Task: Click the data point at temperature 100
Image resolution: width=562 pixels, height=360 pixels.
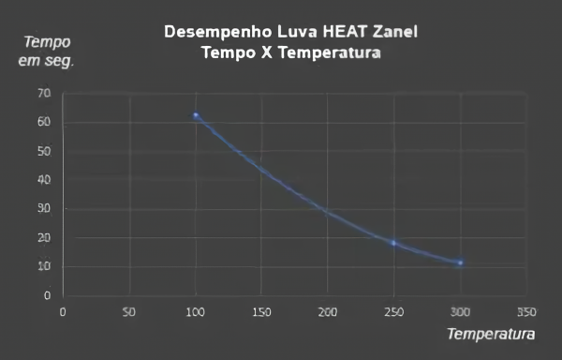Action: point(196,115)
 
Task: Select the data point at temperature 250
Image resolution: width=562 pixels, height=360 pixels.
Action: point(393,243)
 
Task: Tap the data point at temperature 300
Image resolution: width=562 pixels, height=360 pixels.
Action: point(460,262)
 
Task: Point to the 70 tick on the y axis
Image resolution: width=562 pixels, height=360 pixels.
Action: point(44,94)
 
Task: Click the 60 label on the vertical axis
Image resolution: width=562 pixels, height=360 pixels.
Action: point(44,123)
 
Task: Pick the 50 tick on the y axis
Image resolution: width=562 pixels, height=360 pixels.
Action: point(44,151)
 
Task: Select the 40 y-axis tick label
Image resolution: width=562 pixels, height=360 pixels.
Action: point(44,180)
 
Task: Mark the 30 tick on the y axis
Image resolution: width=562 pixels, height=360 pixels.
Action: point(44,209)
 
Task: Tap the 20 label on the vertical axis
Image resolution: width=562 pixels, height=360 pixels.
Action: point(44,238)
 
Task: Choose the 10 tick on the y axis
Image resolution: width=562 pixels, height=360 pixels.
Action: point(44,267)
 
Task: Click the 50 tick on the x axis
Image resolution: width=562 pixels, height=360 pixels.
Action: point(129,311)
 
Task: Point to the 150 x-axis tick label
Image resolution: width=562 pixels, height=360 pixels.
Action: point(261,311)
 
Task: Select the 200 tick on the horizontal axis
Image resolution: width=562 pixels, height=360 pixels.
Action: point(327,311)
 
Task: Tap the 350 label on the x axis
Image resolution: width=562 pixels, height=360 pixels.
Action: point(525,311)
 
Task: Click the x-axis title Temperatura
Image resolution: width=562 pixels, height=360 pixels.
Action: point(491,334)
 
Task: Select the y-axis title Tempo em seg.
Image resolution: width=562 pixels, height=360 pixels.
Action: point(47,52)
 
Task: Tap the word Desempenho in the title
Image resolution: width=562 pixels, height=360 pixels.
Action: point(213,32)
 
